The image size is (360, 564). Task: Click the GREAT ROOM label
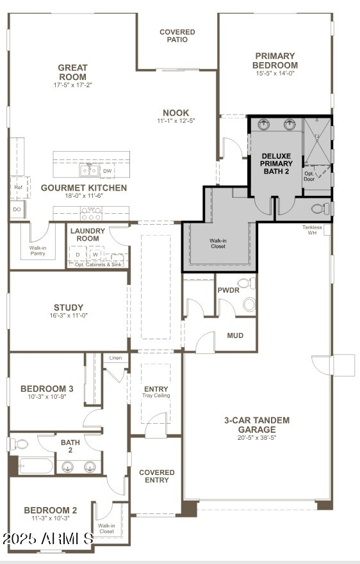tap(72, 72)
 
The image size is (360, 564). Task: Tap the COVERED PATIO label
tap(177, 35)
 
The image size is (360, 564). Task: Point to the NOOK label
tap(176, 113)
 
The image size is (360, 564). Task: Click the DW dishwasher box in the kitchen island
tap(108, 171)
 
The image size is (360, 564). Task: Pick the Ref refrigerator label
tap(18, 188)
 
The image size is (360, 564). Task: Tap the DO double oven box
tap(17, 209)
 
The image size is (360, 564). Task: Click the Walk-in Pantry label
tap(38, 250)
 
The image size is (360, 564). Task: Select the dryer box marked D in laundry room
tap(78, 255)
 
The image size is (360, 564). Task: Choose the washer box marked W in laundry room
tap(95, 255)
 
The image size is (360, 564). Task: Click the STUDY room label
tap(69, 307)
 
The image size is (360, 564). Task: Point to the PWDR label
tap(228, 289)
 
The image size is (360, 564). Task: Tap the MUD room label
tap(235, 335)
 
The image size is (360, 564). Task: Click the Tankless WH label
tap(313, 230)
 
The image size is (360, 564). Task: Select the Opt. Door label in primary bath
tap(310, 175)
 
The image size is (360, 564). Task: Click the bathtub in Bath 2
tap(35, 465)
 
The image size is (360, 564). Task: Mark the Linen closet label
tap(115, 358)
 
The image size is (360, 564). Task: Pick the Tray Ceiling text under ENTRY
tap(156, 396)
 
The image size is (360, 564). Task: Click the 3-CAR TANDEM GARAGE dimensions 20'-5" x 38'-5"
tap(256, 439)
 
